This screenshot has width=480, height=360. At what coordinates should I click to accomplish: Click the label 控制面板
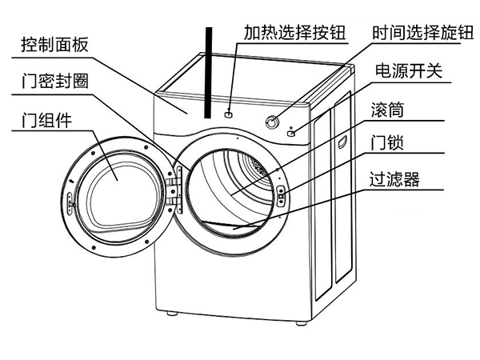[53, 45]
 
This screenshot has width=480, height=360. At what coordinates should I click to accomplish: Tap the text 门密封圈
[53, 83]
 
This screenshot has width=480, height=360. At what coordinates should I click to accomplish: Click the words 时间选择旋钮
[421, 32]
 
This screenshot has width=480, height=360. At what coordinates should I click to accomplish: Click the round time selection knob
[273, 122]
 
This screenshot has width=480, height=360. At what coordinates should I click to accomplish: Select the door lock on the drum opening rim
[282, 193]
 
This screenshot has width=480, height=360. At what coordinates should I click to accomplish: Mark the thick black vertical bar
[210, 72]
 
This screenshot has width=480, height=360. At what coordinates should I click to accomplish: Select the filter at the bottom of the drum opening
[240, 226]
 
